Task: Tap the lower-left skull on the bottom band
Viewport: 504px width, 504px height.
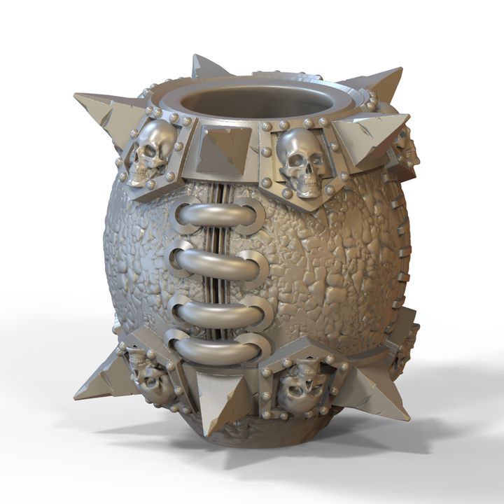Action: tap(150, 378)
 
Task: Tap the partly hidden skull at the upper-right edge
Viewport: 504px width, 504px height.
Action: tap(407, 150)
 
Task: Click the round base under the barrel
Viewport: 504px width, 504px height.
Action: tap(259, 437)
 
